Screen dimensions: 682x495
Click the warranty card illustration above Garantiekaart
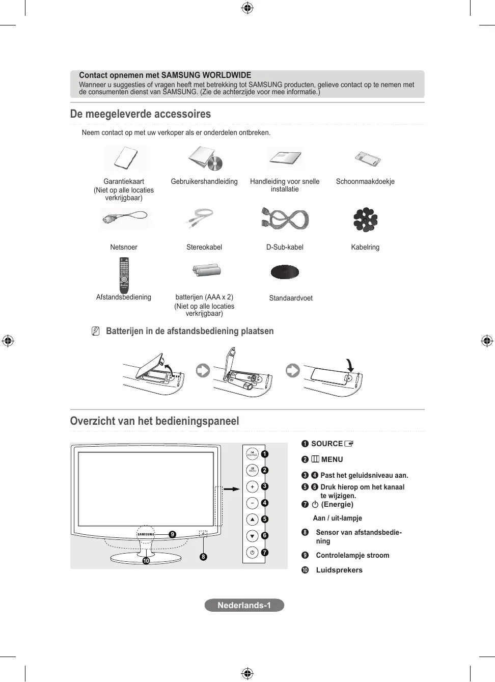point(125,158)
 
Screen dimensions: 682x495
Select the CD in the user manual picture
point(215,163)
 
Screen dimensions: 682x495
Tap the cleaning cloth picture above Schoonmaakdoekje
point(368,159)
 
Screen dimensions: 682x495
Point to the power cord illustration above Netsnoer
point(124,219)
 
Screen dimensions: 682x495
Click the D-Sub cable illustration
point(285,219)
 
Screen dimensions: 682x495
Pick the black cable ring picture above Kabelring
point(365,220)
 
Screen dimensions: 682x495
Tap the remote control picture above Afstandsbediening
point(124,275)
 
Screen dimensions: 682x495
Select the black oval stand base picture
point(285,272)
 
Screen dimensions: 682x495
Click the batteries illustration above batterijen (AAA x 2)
point(206,270)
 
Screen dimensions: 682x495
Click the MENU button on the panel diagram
point(252,470)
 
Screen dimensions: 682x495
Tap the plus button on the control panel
point(252,487)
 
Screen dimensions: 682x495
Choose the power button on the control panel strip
point(252,552)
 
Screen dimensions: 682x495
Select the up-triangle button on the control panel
point(252,520)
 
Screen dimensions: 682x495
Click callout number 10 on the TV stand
point(146,561)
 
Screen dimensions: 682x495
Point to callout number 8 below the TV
point(203,557)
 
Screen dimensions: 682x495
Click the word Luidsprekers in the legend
point(339,570)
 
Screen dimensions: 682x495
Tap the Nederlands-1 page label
point(244,605)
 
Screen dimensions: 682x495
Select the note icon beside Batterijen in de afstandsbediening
point(95,331)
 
